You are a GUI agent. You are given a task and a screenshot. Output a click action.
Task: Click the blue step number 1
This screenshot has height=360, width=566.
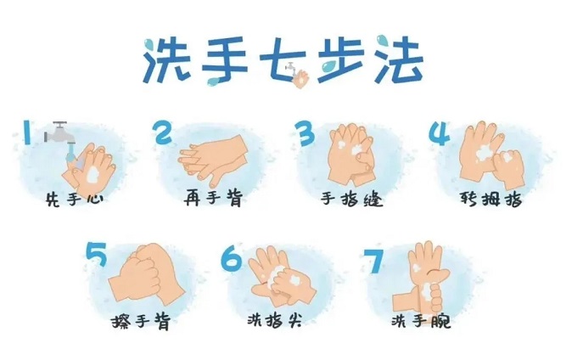tap(27, 132)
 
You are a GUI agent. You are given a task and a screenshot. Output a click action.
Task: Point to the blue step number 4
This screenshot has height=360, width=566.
tap(440, 133)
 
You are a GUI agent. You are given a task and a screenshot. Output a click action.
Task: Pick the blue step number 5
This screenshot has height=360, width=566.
tap(97, 254)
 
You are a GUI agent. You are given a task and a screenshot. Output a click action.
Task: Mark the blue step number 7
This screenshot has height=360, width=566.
tap(373, 262)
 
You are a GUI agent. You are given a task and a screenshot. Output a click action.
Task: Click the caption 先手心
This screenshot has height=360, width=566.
tap(75, 199)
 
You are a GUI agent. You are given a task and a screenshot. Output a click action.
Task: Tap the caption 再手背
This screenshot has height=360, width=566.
tap(213, 198)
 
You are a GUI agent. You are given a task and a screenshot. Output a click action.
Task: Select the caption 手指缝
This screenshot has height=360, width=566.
tap(351, 199)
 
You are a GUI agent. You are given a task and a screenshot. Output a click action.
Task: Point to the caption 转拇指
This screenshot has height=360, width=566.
tap(491, 199)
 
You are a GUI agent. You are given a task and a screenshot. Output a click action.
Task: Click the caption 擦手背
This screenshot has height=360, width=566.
tap(141, 321)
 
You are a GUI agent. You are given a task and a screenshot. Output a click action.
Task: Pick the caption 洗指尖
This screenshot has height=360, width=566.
tap(275, 320)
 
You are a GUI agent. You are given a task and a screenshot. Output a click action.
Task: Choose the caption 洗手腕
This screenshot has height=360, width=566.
tap(421, 320)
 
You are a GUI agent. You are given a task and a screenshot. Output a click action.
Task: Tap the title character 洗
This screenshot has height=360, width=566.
tap(167, 60)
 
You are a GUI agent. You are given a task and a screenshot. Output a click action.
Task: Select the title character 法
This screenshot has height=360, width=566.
tap(399, 59)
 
